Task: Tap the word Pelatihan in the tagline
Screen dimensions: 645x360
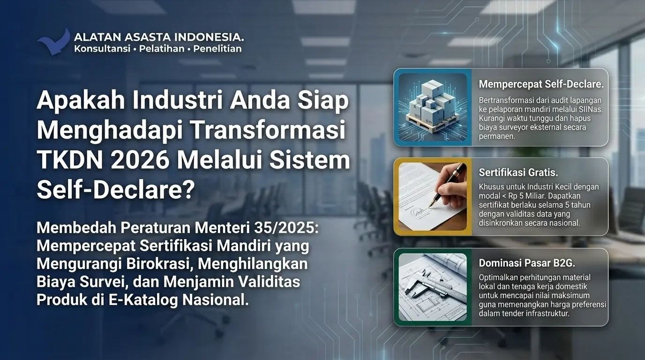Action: click(x=162, y=49)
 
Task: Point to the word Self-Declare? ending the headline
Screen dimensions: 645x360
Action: click(x=116, y=190)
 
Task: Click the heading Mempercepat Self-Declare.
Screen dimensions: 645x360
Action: click(x=541, y=84)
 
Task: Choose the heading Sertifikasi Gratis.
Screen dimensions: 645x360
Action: click(x=518, y=172)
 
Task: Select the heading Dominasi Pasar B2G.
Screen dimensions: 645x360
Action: click(x=527, y=263)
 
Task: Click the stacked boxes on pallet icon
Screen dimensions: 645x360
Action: click(x=433, y=107)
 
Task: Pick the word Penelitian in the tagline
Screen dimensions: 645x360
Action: click(x=217, y=49)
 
